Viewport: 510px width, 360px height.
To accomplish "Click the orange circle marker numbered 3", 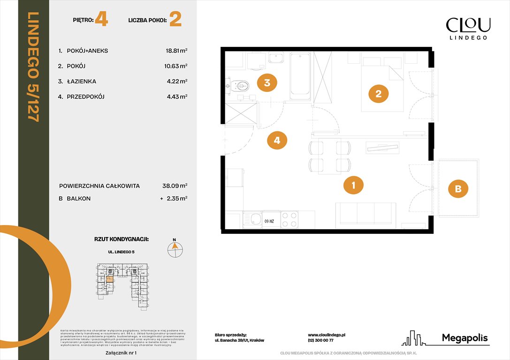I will click(x=267, y=83).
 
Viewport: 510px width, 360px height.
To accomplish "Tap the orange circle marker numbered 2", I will click(x=379, y=94).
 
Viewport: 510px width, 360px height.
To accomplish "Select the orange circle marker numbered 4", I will click(x=277, y=140).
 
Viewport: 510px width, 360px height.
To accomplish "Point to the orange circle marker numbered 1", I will click(x=354, y=185).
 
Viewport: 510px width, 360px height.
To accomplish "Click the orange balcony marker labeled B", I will click(x=458, y=189).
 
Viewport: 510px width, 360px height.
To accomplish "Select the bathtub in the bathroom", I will click(x=299, y=76).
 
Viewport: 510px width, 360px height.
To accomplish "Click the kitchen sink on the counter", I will click(x=256, y=219).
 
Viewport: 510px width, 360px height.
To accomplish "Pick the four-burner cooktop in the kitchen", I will click(x=289, y=219).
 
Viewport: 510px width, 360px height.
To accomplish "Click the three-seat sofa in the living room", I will click(x=365, y=215).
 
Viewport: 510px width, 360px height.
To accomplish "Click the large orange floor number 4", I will click(x=101, y=20).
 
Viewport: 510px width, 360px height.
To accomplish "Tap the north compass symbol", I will click(x=175, y=249).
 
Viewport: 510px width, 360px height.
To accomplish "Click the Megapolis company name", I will click(x=464, y=338).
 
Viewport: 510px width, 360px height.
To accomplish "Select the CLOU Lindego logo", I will click(x=468, y=28).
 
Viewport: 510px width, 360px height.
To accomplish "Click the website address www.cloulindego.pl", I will click(x=327, y=335).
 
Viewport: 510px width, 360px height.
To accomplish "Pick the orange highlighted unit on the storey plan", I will click(x=109, y=280).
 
